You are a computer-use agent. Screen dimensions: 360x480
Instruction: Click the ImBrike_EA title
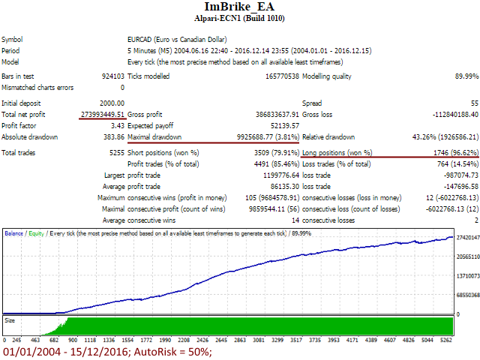[x=239, y=7]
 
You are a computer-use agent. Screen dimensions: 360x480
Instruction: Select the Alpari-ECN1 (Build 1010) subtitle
[x=239, y=18]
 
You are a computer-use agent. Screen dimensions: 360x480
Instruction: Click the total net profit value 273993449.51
[x=102, y=113]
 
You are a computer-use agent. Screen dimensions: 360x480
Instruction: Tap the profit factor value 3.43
[x=118, y=125]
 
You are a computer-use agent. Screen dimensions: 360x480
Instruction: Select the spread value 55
[x=474, y=102]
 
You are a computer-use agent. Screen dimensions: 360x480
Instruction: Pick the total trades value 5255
[x=115, y=153]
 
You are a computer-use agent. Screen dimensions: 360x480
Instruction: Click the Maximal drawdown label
[x=155, y=137]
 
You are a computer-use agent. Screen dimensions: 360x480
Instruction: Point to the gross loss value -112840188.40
[x=448, y=114]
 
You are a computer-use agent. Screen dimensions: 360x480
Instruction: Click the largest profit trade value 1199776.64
[x=280, y=175]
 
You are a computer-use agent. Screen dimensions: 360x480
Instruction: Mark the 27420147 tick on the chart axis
[x=466, y=237]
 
